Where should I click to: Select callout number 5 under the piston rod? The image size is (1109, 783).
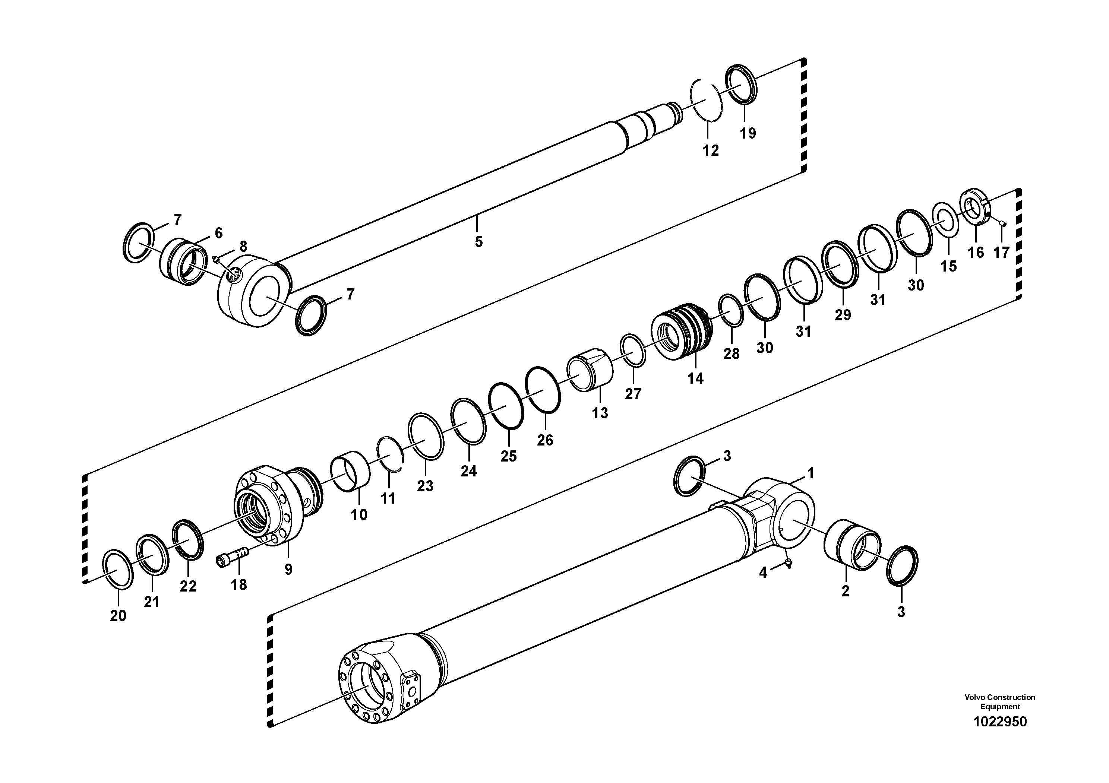tap(478, 242)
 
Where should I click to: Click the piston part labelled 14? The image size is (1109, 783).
tap(682, 330)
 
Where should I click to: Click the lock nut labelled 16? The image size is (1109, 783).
tap(975, 207)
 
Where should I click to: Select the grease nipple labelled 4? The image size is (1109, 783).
tap(788, 563)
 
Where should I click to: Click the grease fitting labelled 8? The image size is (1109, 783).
tap(217, 259)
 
